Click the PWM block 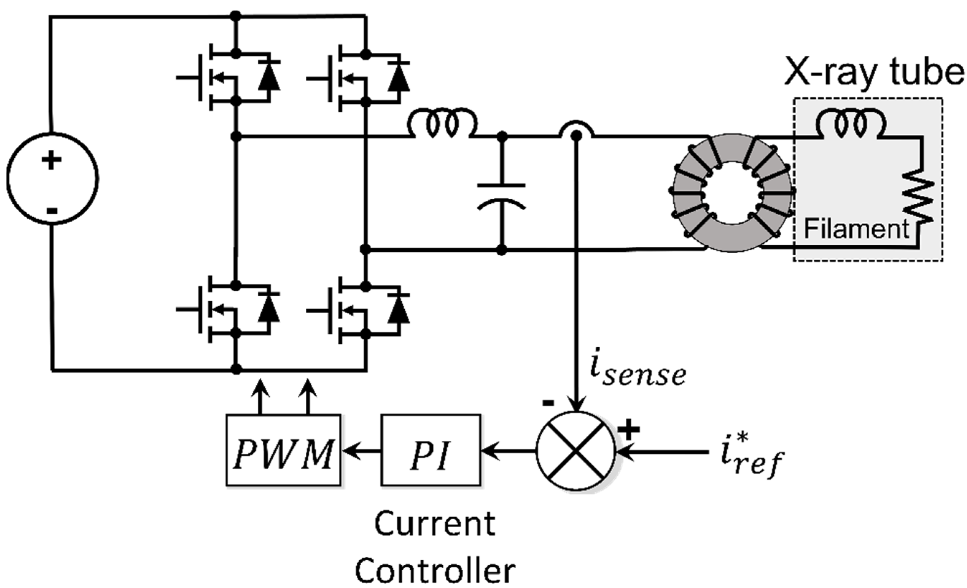(x=283, y=450)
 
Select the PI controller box (x=431, y=450)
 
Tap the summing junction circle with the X (x=575, y=451)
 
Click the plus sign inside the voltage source (x=51, y=161)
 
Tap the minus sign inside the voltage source (x=52, y=211)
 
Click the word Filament (x=856, y=229)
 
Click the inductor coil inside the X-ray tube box (x=851, y=125)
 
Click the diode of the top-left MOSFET (x=269, y=77)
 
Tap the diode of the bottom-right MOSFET (x=399, y=309)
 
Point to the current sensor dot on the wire (x=576, y=136)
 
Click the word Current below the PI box (x=435, y=524)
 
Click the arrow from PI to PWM (x=361, y=451)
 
